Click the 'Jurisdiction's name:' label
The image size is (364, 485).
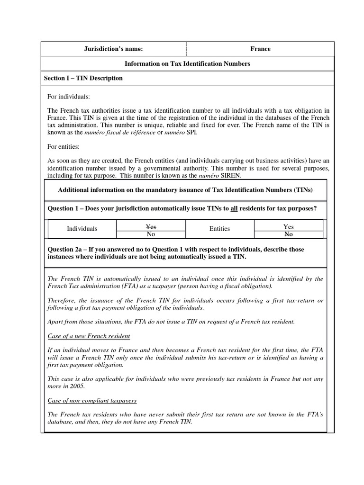click(114, 49)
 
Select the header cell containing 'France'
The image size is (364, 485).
click(260, 49)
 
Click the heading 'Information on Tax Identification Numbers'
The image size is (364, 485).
click(187, 63)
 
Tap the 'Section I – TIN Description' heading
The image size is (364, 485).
click(83, 78)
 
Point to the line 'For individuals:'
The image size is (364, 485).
click(68, 97)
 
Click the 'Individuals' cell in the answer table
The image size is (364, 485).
click(82, 229)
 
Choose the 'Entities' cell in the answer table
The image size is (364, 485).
click(219, 229)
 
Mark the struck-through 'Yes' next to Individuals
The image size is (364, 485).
click(151, 227)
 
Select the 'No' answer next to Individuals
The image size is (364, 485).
click(151, 234)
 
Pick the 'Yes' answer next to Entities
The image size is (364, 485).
click(288, 227)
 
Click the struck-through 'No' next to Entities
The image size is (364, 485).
click(288, 234)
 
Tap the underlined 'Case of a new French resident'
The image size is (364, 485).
click(89, 336)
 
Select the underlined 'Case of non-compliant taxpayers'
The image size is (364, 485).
click(92, 400)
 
